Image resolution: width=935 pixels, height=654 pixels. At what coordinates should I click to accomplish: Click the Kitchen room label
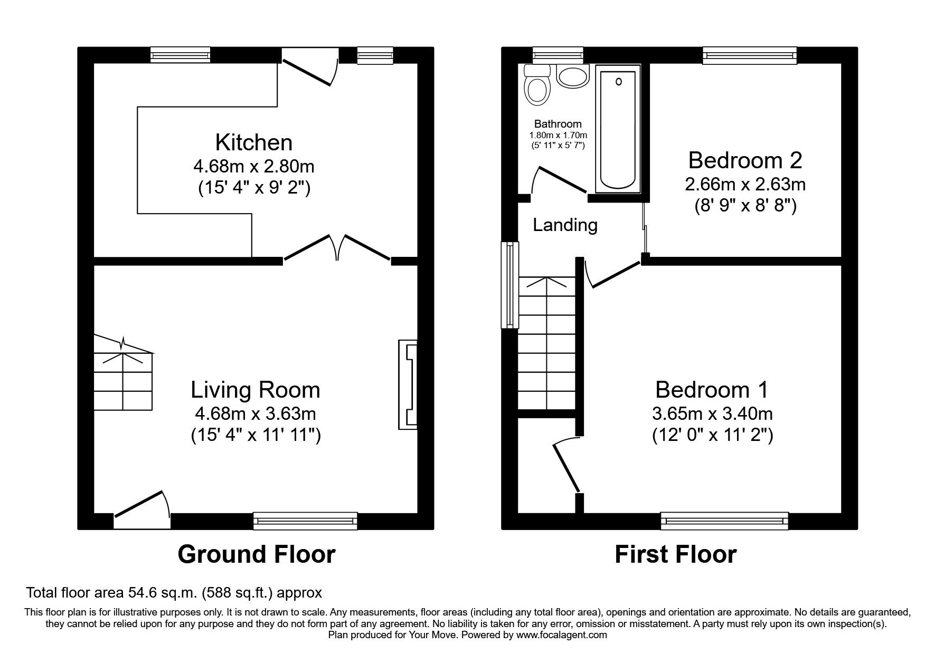pyautogui.click(x=254, y=143)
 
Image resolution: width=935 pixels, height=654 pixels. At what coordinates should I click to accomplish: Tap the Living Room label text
pyautogui.click(x=255, y=390)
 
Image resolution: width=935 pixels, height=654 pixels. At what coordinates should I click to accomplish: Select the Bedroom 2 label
pyautogui.click(x=745, y=160)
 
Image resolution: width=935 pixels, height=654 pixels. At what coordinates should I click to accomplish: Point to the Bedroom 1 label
pyautogui.click(x=712, y=390)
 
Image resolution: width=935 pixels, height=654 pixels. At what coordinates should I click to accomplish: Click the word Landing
pyautogui.click(x=565, y=226)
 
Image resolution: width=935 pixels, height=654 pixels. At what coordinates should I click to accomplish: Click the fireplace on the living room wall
pyautogui.click(x=408, y=384)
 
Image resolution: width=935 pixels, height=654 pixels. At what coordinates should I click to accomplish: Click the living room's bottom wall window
pyautogui.click(x=305, y=521)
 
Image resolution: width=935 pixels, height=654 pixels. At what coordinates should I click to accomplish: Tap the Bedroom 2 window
pyautogui.click(x=749, y=55)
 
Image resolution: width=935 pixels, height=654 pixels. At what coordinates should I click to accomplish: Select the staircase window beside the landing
pyautogui.click(x=509, y=285)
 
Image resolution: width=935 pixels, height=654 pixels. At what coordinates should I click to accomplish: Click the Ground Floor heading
pyautogui.click(x=256, y=555)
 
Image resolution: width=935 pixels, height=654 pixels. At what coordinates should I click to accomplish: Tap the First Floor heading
pyautogui.click(x=675, y=555)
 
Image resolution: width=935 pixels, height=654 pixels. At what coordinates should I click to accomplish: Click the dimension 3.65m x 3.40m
pyautogui.click(x=712, y=413)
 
